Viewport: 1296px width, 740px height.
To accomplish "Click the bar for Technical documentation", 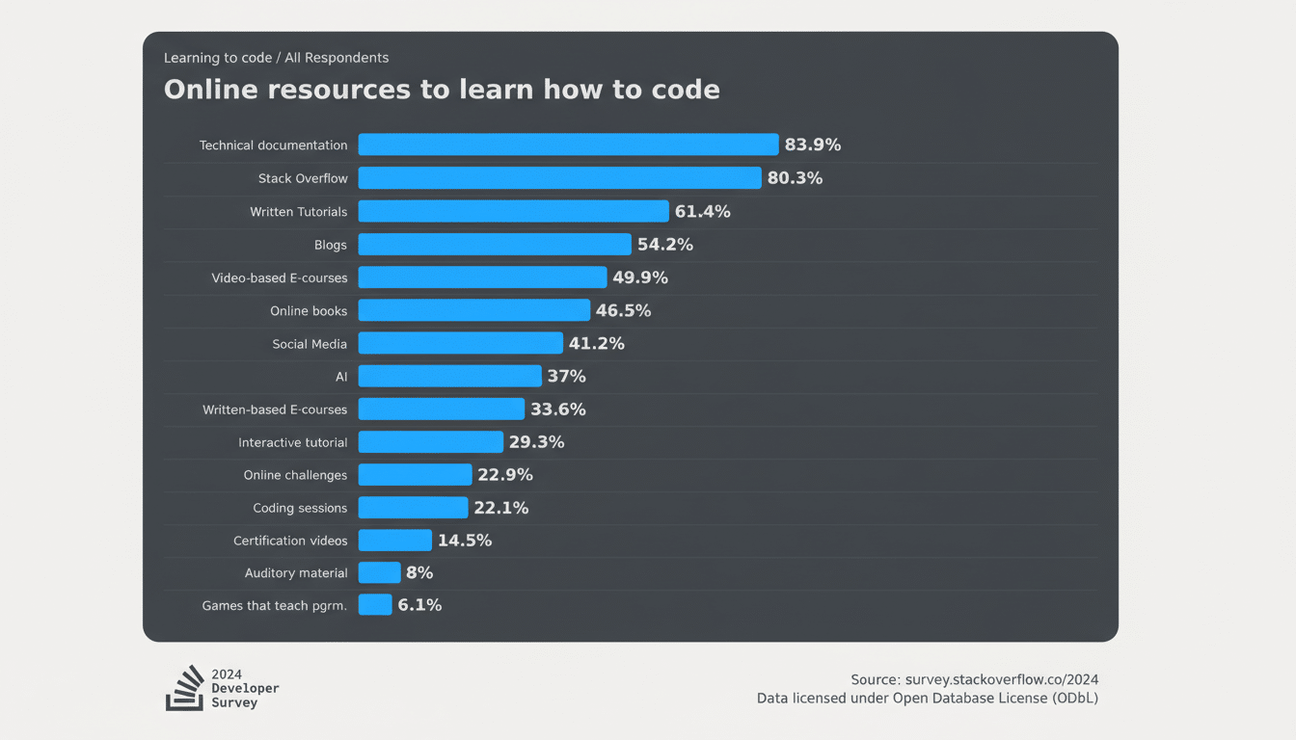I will pos(568,145).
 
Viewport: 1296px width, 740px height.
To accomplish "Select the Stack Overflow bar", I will pos(559,178).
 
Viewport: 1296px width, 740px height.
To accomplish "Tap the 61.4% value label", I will pos(702,211).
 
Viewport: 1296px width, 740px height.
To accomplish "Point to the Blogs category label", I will pos(330,245).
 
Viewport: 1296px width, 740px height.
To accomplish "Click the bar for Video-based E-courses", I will pos(482,277).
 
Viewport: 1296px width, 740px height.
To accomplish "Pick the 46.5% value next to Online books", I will pos(623,310).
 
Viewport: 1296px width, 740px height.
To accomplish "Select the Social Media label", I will pos(310,344).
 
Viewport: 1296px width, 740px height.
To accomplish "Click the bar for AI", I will pos(449,376).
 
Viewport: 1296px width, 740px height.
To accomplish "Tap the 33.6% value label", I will pos(558,410).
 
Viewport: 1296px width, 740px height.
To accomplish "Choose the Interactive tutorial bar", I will pos(430,442).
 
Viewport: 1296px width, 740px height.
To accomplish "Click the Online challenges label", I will pos(295,475).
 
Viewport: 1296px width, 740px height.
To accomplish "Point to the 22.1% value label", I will pos(500,508).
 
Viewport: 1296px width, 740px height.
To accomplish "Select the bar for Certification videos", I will pos(394,541).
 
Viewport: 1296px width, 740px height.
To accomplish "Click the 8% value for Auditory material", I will pos(419,572).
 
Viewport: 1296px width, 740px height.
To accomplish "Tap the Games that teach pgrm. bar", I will pos(374,605).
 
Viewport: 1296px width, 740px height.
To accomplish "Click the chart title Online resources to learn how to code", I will pos(442,90).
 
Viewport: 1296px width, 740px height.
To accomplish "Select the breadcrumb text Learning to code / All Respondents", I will pos(276,58).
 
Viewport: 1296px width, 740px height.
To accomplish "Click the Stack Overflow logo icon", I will pos(184,688).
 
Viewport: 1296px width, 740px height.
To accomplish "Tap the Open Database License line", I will pos(927,698).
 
